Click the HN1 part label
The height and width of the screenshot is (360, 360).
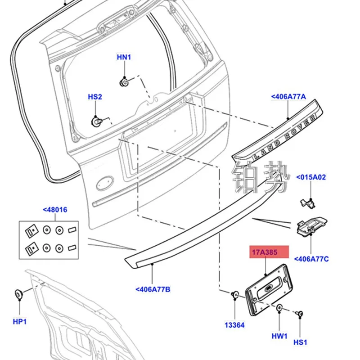pyautogui.click(x=124, y=57)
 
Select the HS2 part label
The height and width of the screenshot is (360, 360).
pyautogui.click(x=95, y=97)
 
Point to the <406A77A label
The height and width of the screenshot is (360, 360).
pyautogui.click(x=288, y=96)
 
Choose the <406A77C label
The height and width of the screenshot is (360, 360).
pyautogui.click(x=311, y=259)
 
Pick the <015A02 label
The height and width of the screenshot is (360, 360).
pyautogui.click(x=310, y=177)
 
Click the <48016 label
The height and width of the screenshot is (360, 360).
pyautogui.click(x=55, y=210)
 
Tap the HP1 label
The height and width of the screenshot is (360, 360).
pyautogui.click(x=20, y=321)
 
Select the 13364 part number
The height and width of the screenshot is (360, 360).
pyautogui.click(x=235, y=324)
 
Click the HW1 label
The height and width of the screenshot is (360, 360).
pyautogui.click(x=279, y=336)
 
